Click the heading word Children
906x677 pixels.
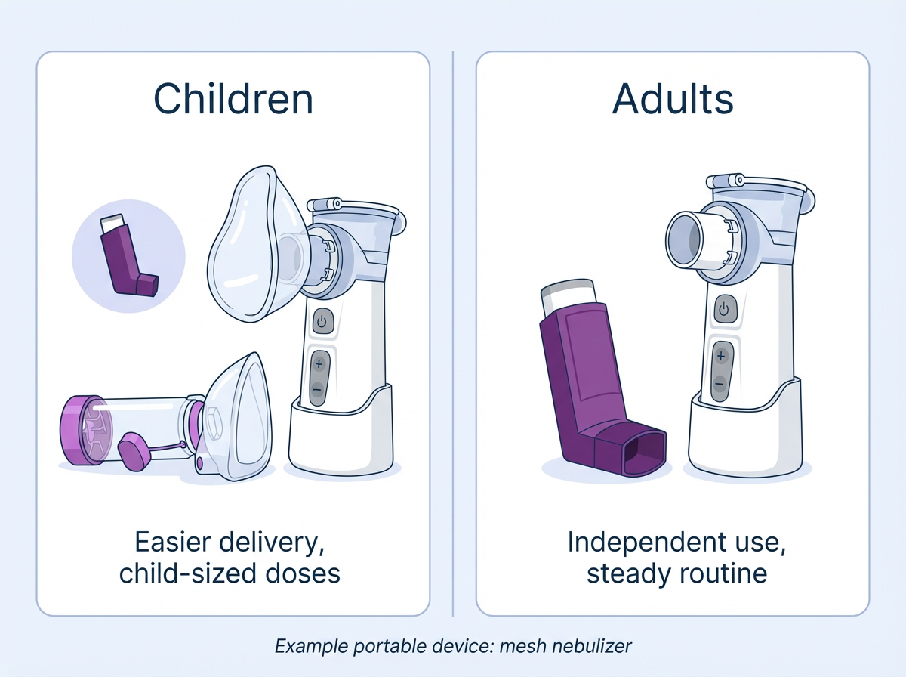tap(233, 99)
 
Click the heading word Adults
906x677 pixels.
tap(673, 99)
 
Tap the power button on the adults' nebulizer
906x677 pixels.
tap(724, 308)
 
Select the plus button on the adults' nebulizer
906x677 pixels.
tap(721, 354)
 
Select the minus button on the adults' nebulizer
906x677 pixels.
tap(721, 382)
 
